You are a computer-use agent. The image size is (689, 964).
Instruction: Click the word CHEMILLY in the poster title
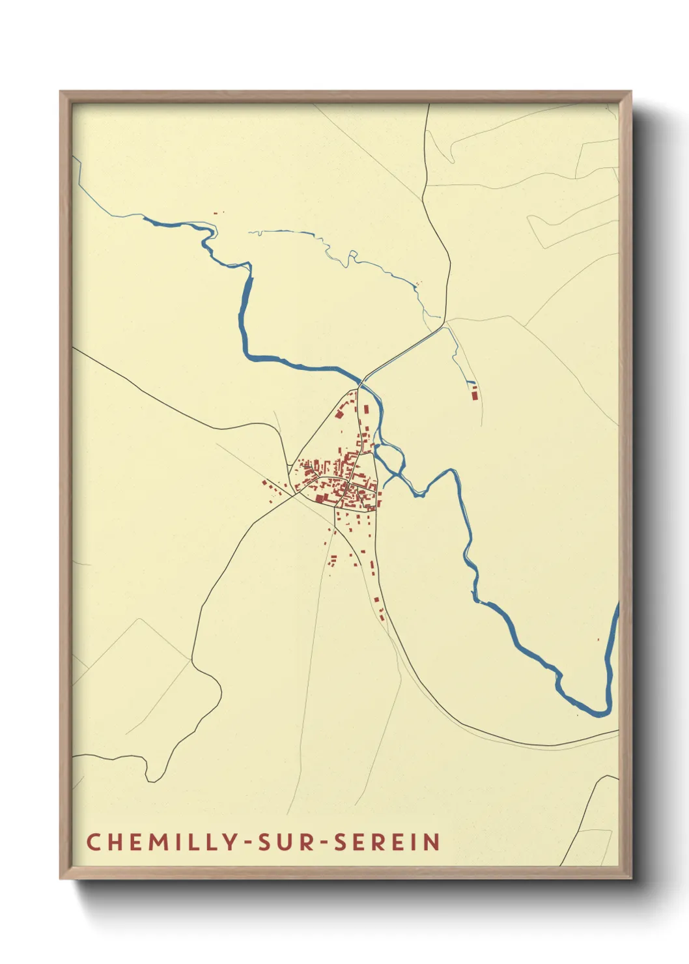click(x=163, y=842)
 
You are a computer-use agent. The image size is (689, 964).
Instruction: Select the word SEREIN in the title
click(x=387, y=842)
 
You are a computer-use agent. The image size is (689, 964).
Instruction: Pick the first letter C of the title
click(x=92, y=842)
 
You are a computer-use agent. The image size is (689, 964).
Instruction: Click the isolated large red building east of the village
click(x=474, y=392)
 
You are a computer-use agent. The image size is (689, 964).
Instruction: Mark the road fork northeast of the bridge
click(x=444, y=323)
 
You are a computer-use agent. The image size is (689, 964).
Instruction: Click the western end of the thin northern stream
click(x=249, y=231)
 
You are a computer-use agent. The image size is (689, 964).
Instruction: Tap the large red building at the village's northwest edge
click(x=339, y=413)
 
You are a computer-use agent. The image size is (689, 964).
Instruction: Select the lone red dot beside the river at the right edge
click(x=598, y=639)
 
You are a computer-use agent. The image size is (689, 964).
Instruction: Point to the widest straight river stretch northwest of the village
click(x=246, y=313)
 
